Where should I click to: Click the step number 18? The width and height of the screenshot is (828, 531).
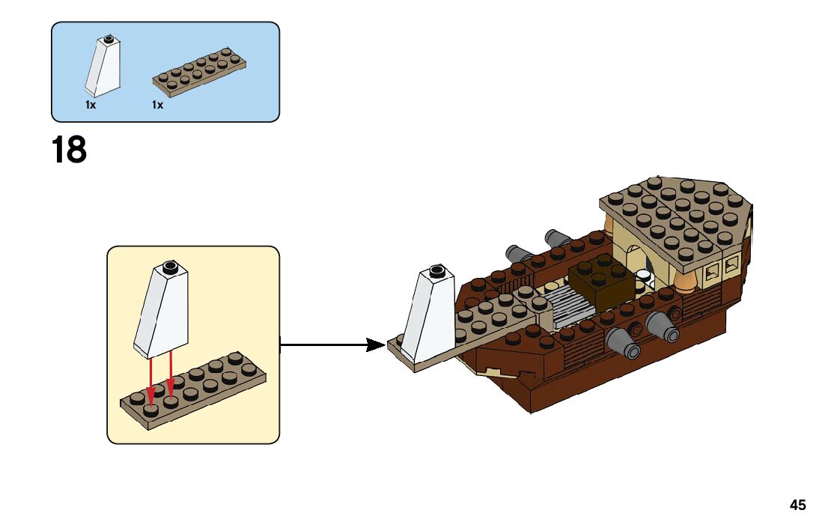click(69, 150)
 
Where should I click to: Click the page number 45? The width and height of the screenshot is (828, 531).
click(798, 506)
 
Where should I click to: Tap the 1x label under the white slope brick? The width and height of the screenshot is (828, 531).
click(91, 106)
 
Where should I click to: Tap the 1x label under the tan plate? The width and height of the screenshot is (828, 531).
click(157, 106)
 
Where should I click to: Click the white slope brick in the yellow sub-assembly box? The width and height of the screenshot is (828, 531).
click(162, 311)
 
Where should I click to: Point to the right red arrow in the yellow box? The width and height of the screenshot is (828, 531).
click(171, 378)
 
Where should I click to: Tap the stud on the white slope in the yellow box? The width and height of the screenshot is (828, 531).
click(170, 265)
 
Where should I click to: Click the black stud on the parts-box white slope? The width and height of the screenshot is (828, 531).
click(109, 37)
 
